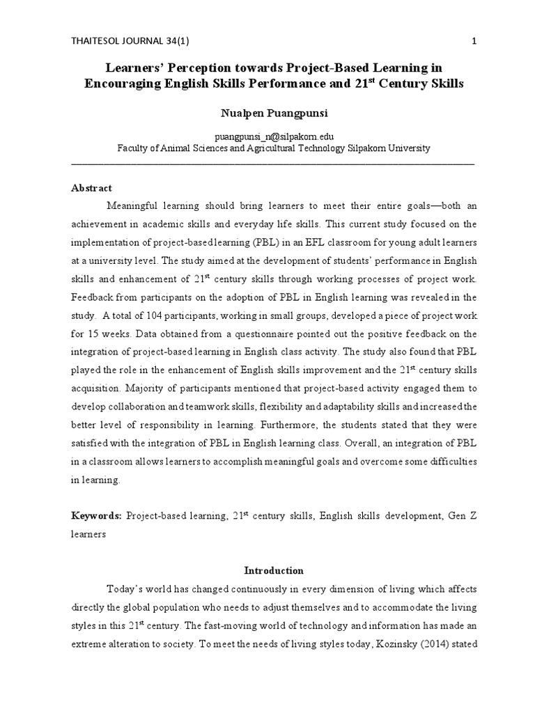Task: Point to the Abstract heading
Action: pos(92,188)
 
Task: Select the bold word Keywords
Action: pos(96,515)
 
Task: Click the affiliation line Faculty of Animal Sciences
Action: pos(272,148)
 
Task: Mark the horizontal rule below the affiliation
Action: pos(272,163)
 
